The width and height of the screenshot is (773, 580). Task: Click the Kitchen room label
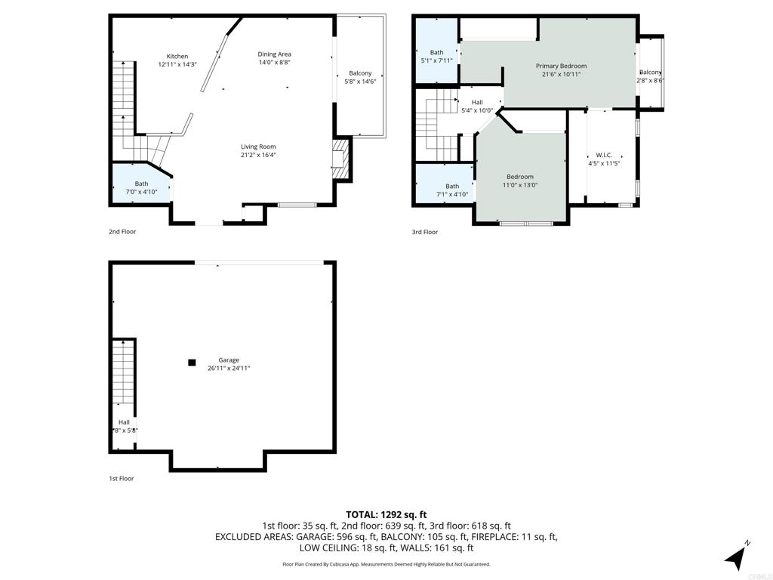coord(177,56)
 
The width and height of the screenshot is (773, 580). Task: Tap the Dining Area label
coord(274,54)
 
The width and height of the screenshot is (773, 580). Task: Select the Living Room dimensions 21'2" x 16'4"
coord(258,155)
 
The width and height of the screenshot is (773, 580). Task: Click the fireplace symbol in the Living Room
coord(340,159)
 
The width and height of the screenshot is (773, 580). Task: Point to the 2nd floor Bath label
coord(141,184)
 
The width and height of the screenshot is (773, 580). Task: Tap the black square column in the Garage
coord(192,362)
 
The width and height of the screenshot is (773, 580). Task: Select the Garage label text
coord(229,360)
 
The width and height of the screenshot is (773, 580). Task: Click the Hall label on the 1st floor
coord(124,422)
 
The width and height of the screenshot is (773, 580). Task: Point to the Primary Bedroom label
coord(561,66)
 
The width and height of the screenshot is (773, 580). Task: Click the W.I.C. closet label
coord(604,155)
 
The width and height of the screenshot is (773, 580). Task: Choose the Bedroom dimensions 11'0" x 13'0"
coord(519,186)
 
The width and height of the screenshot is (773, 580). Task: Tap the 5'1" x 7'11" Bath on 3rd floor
coord(437,56)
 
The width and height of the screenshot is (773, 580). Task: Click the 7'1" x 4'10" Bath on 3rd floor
coord(452,190)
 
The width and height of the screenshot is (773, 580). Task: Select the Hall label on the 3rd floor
coord(477,102)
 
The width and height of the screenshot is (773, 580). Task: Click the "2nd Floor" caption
coord(122,232)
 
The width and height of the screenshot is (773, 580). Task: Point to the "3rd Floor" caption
coord(425,232)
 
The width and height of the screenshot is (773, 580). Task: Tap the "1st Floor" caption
coord(122,478)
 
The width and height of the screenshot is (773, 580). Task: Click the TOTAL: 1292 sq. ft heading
coord(386,515)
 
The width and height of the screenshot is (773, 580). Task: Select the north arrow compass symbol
coord(735,557)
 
